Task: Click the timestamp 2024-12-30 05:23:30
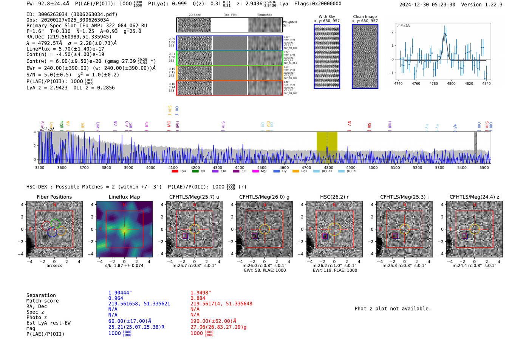[427, 5]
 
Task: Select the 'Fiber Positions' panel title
[54, 197]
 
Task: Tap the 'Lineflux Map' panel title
[124, 197]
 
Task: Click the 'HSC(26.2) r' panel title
[334, 197]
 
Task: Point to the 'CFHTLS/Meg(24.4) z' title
[474, 197]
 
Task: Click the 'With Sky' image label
[327, 17]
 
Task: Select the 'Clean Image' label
[365, 17]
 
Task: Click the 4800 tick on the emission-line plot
[451, 83]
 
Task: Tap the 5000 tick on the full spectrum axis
[373, 168]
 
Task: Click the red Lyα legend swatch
[175, 172]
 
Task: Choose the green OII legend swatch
[195, 172]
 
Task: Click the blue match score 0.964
[116, 298]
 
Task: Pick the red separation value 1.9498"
[200, 293]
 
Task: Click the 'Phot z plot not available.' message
[393, 309]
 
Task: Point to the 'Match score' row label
[42, 301]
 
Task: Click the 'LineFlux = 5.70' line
[65, 49]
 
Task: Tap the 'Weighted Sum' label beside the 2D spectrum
[289, 24]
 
